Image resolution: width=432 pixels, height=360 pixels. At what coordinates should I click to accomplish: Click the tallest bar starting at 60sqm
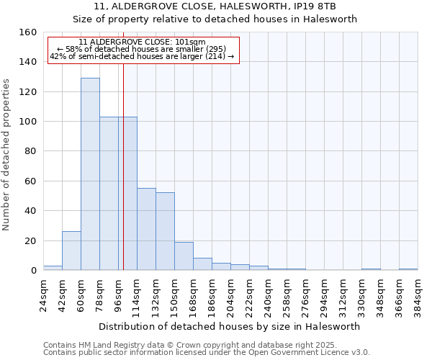click(x=90, y=174)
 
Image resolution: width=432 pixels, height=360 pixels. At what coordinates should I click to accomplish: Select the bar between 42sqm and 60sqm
click(x=71, y=251)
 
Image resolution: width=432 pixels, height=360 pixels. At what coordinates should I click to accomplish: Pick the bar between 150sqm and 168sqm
click(x=184, y=256)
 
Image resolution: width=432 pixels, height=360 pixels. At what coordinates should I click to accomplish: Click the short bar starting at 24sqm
click(x=53, y=268)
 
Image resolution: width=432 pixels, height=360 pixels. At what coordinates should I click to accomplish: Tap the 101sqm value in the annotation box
click(x=193, y=42)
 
